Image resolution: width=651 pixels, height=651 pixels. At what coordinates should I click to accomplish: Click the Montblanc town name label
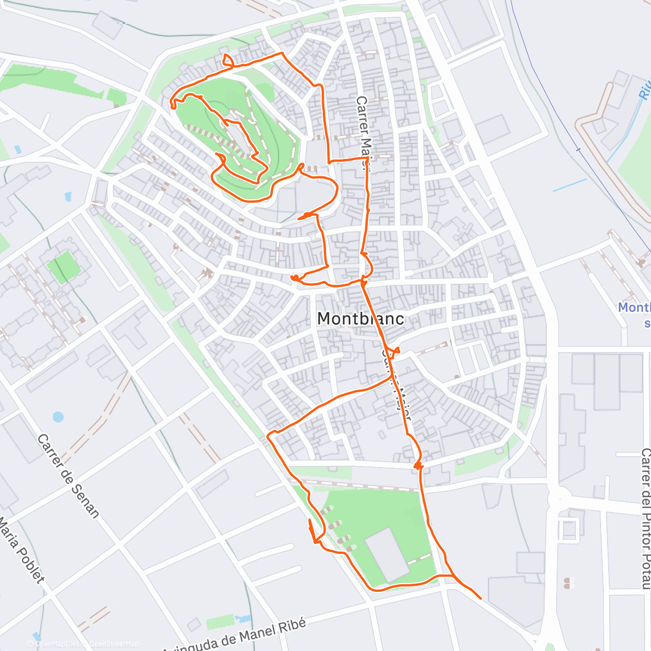pos(360,318)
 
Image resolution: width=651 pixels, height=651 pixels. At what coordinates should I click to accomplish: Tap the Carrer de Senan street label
pos(68,476)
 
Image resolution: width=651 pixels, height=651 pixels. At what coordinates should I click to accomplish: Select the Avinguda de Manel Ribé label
pos(234,636)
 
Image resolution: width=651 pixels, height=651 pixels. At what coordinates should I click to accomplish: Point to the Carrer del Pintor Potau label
pos(645,518)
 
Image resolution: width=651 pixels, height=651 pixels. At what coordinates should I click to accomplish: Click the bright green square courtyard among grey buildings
pos(64,266)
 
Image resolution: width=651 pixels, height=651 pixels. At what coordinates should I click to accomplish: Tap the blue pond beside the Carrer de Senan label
pos(58,417)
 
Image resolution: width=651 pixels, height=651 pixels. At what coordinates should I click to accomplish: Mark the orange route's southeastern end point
pos(481,598)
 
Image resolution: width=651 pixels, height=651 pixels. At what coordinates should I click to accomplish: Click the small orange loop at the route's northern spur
pos(227,60)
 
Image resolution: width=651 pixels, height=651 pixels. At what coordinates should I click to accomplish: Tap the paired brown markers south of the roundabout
pos(569,583)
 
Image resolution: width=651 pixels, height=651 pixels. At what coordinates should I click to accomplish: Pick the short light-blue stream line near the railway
pos(570,184)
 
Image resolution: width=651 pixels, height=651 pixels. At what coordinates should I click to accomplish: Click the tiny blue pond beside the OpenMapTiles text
pos(36,635)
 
